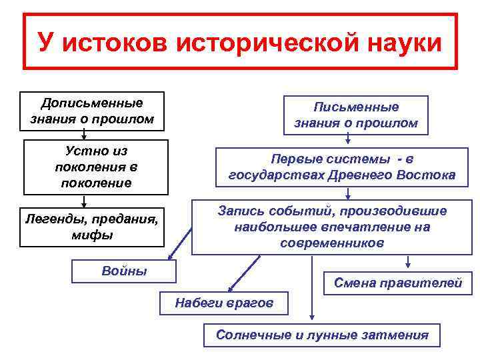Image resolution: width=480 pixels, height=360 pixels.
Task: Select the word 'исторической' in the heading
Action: [265, 43]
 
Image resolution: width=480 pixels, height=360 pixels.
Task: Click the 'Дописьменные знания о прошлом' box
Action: [92, 111]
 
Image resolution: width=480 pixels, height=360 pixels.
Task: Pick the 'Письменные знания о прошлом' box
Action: [356, 115]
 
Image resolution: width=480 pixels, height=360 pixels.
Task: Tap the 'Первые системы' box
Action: [342, 167]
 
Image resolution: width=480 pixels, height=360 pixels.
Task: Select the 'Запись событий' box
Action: [332, 227]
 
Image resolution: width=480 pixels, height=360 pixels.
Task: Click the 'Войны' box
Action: [124, 271]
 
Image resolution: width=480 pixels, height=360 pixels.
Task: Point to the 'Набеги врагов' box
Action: [224, 303]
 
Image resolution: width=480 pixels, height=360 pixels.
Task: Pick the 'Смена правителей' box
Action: [397, 283]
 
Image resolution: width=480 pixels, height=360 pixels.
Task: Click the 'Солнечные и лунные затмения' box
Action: [322, 335]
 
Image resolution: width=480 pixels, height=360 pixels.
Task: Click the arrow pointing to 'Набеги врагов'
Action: [243, 273]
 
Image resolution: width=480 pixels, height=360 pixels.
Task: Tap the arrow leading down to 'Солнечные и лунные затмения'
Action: [311, 287]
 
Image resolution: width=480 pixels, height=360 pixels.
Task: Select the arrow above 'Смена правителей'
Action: [407, 263]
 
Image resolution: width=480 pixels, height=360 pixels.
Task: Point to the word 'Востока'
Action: [427, 175]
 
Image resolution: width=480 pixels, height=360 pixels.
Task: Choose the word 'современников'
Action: [332, 243]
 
